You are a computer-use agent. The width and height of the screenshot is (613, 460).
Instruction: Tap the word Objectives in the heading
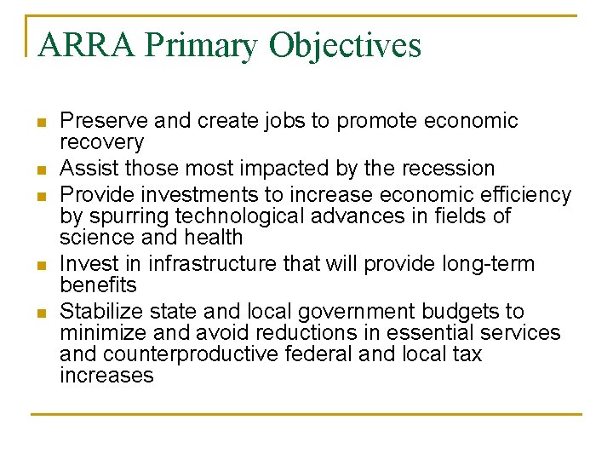(345, 45)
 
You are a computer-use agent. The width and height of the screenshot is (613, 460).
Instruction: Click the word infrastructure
(198, 264)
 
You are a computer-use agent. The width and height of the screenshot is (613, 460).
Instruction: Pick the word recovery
(101, 143)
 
